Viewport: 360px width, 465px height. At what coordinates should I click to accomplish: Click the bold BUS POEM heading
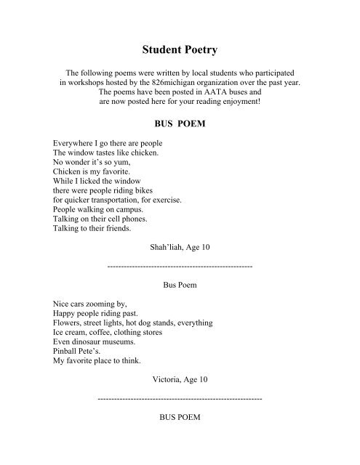pos(179,124)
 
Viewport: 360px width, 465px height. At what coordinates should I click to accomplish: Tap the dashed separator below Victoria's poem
pos(179,399)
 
